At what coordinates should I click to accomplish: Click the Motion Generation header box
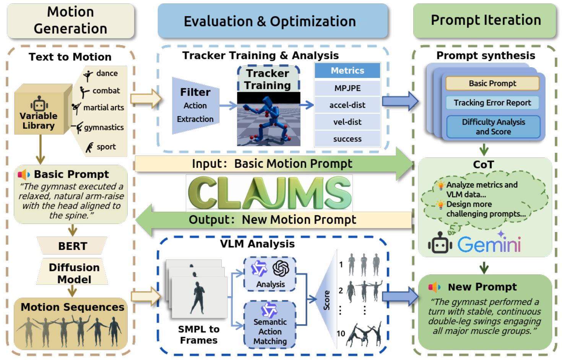point(70,21)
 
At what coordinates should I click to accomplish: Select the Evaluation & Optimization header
point(273,21)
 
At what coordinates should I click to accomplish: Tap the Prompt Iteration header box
point(485,21)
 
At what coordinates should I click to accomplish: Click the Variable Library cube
point(40,111)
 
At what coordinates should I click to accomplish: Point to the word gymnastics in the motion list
point(104,127)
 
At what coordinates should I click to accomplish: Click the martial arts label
point(104,108)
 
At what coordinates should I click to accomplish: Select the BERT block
point(72,246)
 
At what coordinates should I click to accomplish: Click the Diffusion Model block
point(73,273)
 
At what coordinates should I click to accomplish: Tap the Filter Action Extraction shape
point(195,106)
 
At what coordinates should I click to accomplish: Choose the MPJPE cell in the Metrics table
point(347,88)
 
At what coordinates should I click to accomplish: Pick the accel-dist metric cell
point(347,105)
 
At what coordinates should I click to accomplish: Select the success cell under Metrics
point(347,139)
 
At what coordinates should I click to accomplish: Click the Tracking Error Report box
point(492,103)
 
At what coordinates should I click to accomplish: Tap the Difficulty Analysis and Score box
point(493,127)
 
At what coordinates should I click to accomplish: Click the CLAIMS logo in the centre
point(269,193)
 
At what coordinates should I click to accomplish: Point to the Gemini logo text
point(489,244)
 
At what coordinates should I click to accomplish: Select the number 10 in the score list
point(341,334)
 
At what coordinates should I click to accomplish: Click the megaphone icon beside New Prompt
point(434,287)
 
